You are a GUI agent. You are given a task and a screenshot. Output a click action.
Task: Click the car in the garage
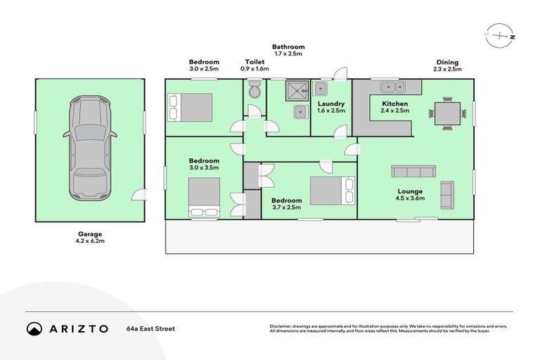point(90,148)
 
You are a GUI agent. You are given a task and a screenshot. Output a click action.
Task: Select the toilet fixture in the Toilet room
point(255,90)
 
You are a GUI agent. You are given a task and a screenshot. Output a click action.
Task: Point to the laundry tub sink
point(321,89)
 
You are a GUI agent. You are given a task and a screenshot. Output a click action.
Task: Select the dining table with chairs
point(448,112)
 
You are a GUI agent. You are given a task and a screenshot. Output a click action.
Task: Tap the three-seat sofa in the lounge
point(413,172)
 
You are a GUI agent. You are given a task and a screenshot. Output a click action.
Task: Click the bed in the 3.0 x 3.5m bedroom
point(204,197)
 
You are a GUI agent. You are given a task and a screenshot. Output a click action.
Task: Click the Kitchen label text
point(394,103)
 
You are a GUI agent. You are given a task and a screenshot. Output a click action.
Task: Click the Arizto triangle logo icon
point(34,328)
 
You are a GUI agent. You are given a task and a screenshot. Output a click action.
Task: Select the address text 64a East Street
point(150,328)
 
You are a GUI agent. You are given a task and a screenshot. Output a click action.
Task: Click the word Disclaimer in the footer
point(283,326)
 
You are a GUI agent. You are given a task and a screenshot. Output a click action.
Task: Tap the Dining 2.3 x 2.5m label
point(447,66)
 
